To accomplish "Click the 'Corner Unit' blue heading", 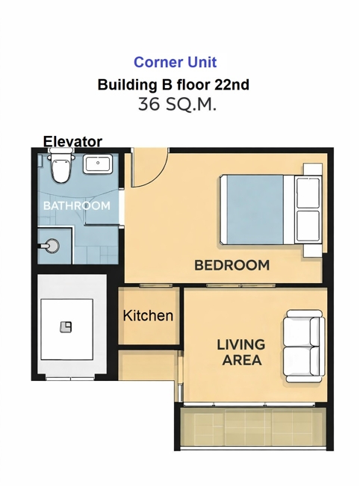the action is [x=175, y=62].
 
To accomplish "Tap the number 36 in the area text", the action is [x=149, y=105].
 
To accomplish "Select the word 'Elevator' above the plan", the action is [x=72, y=142].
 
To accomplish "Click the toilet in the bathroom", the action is [x=61, y=166].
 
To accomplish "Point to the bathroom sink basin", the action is [x=97, y=164].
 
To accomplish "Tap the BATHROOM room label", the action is [x=77, y=205].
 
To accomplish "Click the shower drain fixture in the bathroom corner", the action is [x=50, y=245].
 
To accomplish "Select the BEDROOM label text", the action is [x=232, y=265].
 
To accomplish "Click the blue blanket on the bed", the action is [x=255, y=209].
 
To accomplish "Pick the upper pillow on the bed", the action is [x=308, y=193].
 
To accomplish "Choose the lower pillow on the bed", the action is [x=308, y=226].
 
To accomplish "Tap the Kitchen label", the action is [x=148, y=315].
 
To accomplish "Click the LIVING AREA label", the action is [x=241, y=353].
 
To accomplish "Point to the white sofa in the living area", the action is [x=304, y=346].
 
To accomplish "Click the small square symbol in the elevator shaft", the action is [x=66, y=327].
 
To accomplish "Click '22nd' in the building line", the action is [x=232, y=84].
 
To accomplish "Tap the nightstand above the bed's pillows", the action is [x=313, y=170].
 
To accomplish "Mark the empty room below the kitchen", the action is [x=147, y=375].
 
